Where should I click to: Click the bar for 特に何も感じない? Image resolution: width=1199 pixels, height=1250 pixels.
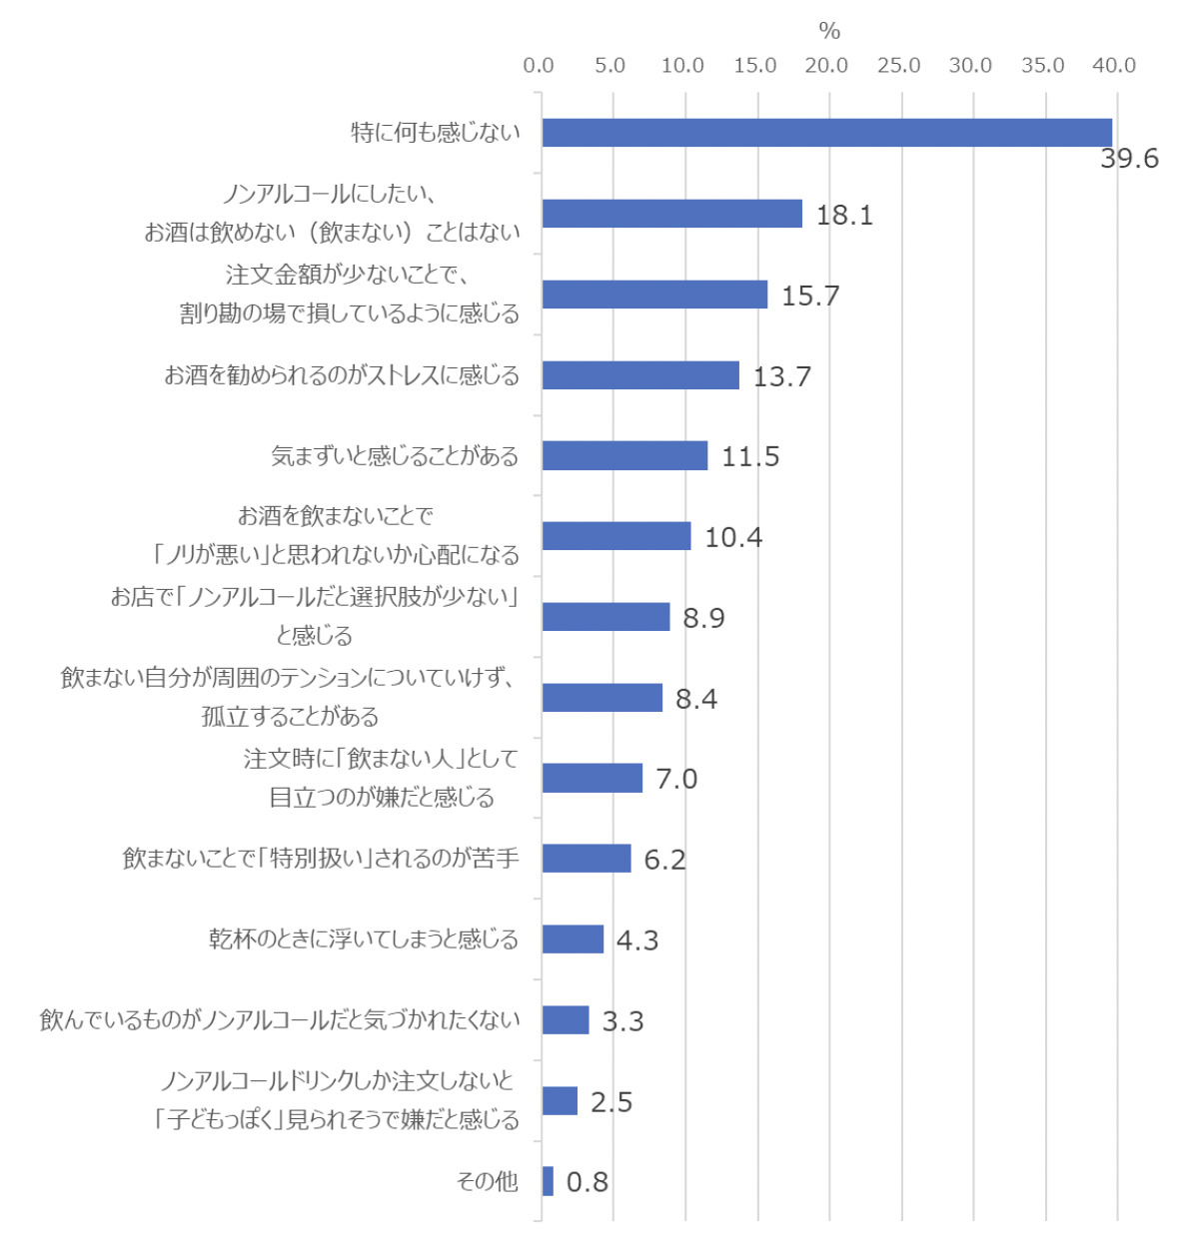(826, 133)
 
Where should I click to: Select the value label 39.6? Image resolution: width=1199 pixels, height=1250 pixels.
(1129, 159)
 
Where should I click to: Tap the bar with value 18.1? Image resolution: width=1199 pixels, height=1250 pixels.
(671, 214)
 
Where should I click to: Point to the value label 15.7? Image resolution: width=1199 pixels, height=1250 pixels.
(810, 296)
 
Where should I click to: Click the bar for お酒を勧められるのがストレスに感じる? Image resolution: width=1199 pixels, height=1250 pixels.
(640, 375)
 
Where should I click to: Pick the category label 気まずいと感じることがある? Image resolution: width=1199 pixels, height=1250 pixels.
(395, 456)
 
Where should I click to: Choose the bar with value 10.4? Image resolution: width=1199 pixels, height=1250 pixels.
(616, 536)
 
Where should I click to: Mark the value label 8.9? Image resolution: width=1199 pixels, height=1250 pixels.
(703, 618)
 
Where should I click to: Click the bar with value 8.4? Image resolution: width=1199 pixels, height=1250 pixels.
(602, 698)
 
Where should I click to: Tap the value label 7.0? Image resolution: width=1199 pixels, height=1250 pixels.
(676, 779)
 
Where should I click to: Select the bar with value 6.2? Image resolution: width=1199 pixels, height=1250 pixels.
(587, 859)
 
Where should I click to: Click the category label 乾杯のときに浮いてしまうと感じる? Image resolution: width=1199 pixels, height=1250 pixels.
(364, 939)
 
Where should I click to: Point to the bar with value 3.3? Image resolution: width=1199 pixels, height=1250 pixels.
(566, 1020)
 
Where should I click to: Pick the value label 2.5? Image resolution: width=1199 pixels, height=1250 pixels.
(611, 1102)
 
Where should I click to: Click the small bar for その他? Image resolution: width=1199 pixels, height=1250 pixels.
(548, 1181)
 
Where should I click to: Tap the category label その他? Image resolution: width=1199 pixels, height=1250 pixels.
(488, 1182)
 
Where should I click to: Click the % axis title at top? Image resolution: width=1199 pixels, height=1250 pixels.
(829, 31)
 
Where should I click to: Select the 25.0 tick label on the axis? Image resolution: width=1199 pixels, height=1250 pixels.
(898, 66)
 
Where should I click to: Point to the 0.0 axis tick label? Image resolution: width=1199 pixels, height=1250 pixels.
(539, 66)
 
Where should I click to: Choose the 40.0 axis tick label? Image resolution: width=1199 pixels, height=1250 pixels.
(1114, 66)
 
